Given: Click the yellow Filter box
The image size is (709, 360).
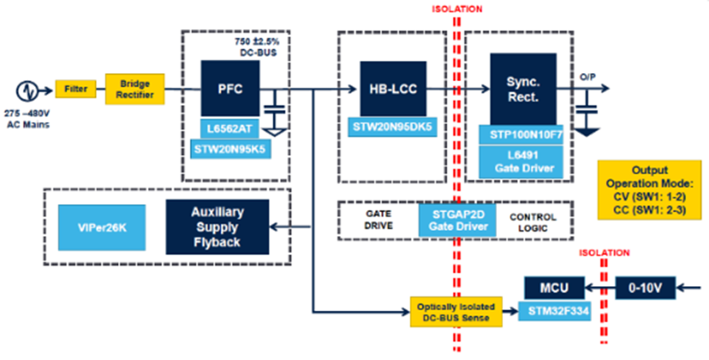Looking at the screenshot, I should [70, 90].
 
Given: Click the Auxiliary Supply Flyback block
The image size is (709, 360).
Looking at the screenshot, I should [218, 226].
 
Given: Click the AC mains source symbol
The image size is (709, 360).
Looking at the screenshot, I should [27, 91].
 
